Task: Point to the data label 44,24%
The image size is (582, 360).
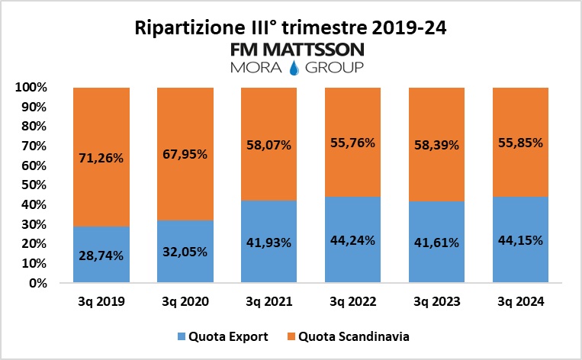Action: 352,240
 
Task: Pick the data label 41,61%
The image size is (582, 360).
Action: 437,243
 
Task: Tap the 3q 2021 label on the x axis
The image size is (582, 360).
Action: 269,302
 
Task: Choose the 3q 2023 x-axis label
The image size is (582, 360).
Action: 437,302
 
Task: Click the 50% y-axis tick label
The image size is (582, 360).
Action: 34,185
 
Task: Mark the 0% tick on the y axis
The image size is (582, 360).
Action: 37,283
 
